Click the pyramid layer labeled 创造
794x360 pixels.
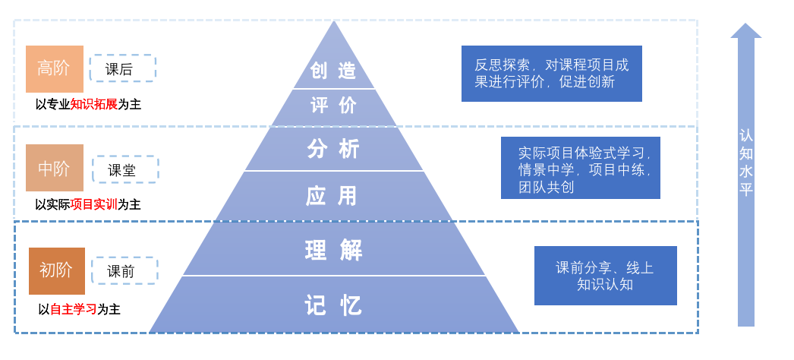click(x=334, y=71)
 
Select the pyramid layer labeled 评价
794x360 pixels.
click(x=334, y=106)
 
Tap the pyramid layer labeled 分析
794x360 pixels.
click(x=334, y=149)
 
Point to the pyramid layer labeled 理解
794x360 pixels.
click(x=334, y=250)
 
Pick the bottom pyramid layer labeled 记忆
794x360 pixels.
click(x=334, y=305)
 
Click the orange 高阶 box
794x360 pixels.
click(x=55, y=68)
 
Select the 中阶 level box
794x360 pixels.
click(x=55, y=168)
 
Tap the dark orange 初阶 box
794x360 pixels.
click(x=57, y=270)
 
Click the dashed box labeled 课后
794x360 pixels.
click(x=122, y=68)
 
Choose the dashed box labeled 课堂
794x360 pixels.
click(x=125, y=169)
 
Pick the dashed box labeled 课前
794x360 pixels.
click(x=124, y=270)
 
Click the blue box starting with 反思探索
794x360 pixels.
click(x=551, y=74)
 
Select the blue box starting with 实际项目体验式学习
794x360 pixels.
click(x=580, y=168)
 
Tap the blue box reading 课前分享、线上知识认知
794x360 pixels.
click(x=605, y=276)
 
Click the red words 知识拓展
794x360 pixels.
click(x=94, y=104)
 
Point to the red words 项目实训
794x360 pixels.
click(x=93, y=204)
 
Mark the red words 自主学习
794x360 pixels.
click(x=73, y=309)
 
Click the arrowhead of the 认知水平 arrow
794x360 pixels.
click(x=746, y=31)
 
